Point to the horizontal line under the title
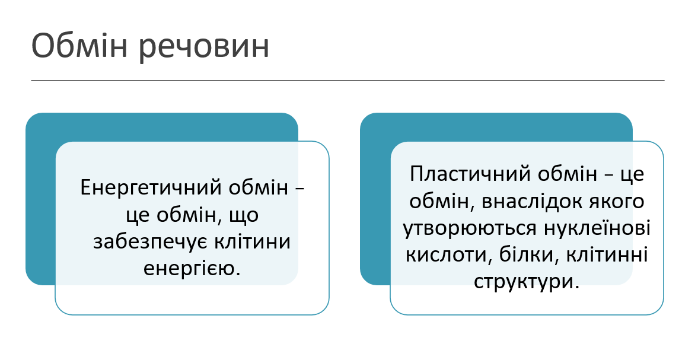(x=348, y=80)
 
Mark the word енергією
(x=192, y=269)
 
